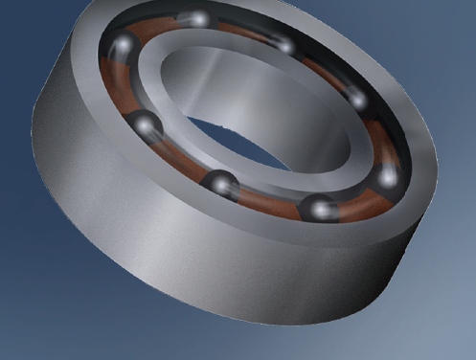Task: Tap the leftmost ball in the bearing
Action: click(124, 46)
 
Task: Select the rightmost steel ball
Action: click(387, 175)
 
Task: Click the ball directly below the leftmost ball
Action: click(144, 124)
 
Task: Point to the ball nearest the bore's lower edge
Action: click(223, 183)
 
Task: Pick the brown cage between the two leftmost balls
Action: click(120, 86)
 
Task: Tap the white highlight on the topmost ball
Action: click(197, 16)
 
